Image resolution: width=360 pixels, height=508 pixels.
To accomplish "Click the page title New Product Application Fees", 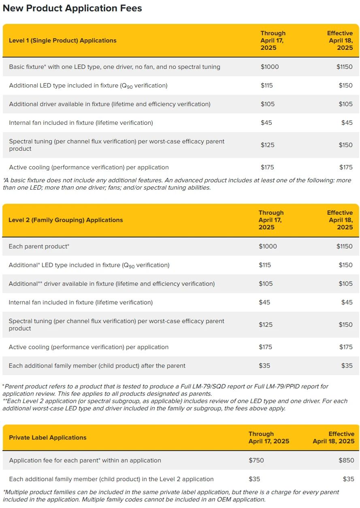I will pyautogui.click(x=72, y=8).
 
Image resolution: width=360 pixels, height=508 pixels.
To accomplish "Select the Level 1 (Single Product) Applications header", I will pyautogui.click(x=62, y=41).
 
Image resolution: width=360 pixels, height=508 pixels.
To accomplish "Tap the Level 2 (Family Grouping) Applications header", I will pyautogui.click(x=66, y=220).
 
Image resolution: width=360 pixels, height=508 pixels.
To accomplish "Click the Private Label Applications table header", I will pyautogui.click(x=48, y=438).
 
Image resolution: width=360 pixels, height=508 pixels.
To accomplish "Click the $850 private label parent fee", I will pyautogui.click(x=346, y=460).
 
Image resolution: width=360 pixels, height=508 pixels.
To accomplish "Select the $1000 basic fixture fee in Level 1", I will pyautogui.click(x=270, y=67).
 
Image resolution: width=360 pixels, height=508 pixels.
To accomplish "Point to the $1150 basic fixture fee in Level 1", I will pyautogui.click(x=344, y=67).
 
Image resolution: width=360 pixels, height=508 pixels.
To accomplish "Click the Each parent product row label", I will pyautogui.click(x=39, y=246).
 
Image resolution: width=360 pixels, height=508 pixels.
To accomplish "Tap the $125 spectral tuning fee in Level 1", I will pyautogui.click(x=267, y=145).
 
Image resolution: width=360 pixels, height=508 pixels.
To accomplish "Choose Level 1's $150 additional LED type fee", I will pyautogui.click(x=345, y=85).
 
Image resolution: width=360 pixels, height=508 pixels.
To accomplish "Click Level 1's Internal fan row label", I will pyautogui.click(x=81, y=123).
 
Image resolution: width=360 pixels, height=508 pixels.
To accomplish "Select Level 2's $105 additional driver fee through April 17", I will pyautogui.click(x=266, y=284).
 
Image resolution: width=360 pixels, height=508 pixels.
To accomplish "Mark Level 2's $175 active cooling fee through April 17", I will pyautogui.click(x=266, y=347).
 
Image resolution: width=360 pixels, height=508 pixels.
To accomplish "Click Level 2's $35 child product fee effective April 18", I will pyautogui.click(x=347, y=365).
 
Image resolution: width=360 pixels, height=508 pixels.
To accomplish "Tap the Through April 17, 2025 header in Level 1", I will pyautogui.click(x=273, y=41).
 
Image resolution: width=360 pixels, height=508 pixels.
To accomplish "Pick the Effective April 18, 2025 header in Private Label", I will pyautogui.click(x=333, y=438).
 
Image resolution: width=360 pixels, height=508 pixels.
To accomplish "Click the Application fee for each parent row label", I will pyautogui.click(x=85, y=460).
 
